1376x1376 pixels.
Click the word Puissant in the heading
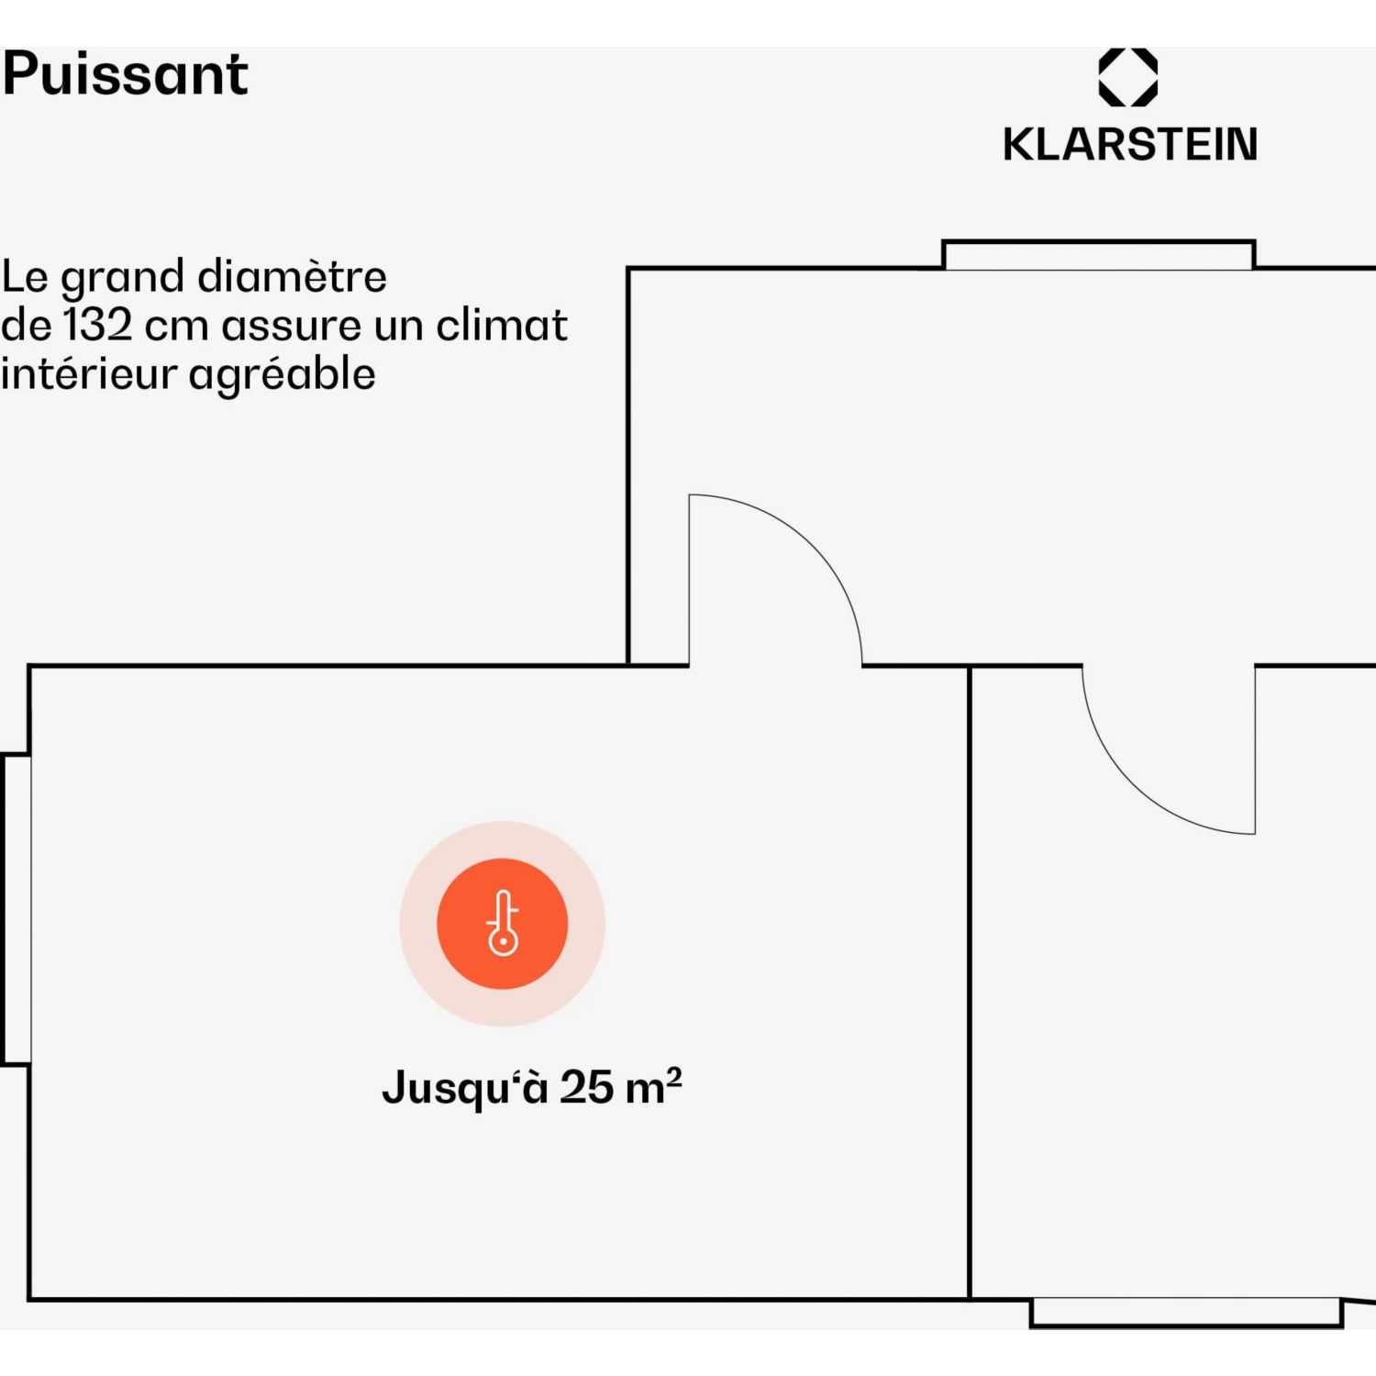(x=126, y=73)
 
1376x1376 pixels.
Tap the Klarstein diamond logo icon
(x=1128, y=77)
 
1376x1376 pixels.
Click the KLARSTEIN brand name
(x=1130, y=145)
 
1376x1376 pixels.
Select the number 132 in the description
(x=97, y=325)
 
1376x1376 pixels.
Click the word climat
(x=502, y=325)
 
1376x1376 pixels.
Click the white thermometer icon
(x=503, y=923)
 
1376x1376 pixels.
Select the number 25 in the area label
(x=587, y=1087)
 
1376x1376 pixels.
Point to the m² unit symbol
(x=653, y=1085)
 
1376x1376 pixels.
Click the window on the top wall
(x=1099, y=255)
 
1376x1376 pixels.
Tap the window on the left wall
(x=16, y=909)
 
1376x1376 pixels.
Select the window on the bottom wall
(x=1187, y=1313)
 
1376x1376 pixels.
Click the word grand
(x=122, y=278)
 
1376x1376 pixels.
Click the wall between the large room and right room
(x=970, y=982)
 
